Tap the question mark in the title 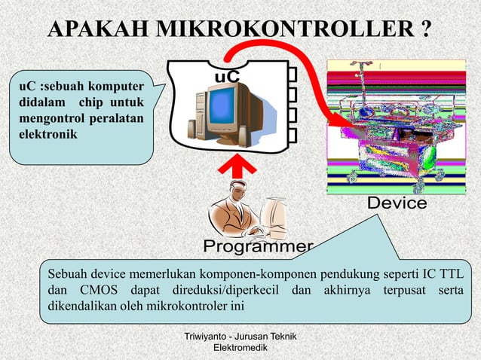click(x=426, y=30)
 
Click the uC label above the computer click(x=227, y=77)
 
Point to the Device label click(x=397, y=205)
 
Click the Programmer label click(x=258, y=247)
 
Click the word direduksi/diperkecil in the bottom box click(x=218, y=290)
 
